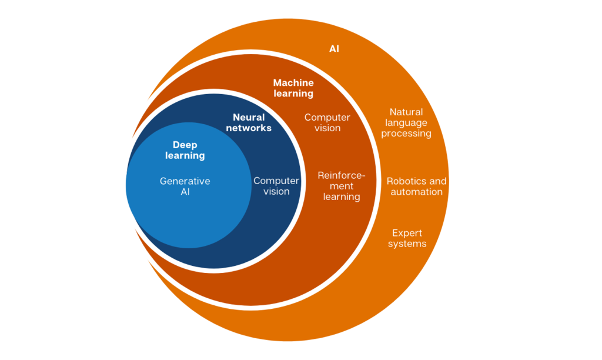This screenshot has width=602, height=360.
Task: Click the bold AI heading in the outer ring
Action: (334, 49)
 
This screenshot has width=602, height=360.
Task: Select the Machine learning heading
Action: (293, 88)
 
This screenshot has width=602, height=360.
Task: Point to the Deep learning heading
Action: (185, 150)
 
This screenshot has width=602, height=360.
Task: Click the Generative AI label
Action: (185, 186)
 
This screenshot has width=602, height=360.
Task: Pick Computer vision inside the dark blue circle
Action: (276, 186)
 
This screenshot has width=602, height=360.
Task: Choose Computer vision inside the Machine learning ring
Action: (327, 123)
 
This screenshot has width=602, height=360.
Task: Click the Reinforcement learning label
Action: (342, 186)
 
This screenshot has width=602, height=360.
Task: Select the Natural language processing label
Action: (406, 122)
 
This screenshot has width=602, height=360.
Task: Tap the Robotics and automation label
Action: (417, 186)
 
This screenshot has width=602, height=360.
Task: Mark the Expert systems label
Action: (407, 238)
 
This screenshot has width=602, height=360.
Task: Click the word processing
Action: (406, 134)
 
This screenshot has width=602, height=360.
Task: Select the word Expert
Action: (407, 233)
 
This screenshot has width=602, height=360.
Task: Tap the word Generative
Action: (185, 181)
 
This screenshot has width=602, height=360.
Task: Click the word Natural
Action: (406, 112)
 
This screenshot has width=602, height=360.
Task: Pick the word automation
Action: (417, 192)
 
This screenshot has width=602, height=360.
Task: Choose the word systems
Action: (407, 244)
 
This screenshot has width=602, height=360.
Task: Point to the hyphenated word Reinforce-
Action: (342, 175)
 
